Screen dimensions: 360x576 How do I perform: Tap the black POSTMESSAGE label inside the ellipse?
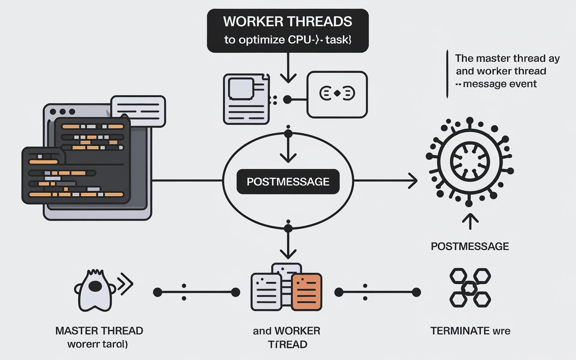pos(288,182)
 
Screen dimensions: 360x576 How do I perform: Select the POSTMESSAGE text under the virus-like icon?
pos(470,246)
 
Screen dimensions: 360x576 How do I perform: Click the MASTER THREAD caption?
pos(99,331)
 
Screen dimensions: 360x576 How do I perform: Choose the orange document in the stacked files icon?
pos(306,291)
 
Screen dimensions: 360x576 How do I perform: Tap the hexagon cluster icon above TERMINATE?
pos(469,288)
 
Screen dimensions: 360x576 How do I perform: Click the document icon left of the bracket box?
pos(246,98)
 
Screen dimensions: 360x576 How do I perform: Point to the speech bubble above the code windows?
pos(138,111)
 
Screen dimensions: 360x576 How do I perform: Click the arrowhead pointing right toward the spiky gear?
pos(411,182)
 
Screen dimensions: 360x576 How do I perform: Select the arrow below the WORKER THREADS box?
pos(288,72)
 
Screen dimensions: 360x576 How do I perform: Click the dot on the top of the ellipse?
pos(288,134)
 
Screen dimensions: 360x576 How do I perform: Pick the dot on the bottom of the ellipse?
pos(288,228)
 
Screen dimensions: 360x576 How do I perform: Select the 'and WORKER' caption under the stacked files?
pos(286,331)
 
